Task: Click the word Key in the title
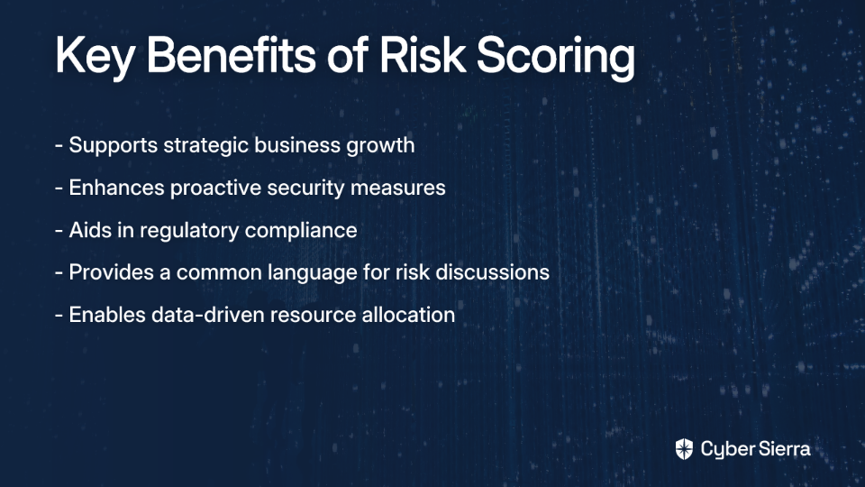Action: click(x=95, y=57)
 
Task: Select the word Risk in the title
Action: click(x=423, y=55)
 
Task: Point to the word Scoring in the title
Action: click(x=556, y=57)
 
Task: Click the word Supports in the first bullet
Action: click(x=114, y=146)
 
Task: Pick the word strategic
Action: click(x=205, y=146)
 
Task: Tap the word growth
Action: click(x=380, y=146)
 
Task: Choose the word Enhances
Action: click(x=117, y=188)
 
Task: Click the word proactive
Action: click(x=215, y=188)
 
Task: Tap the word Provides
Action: click(x=112, y=272)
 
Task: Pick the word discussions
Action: click(x=492, y=272)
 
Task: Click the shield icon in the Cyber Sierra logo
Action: click(x=684, y=449)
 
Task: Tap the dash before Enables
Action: click(x=59, y=316)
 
